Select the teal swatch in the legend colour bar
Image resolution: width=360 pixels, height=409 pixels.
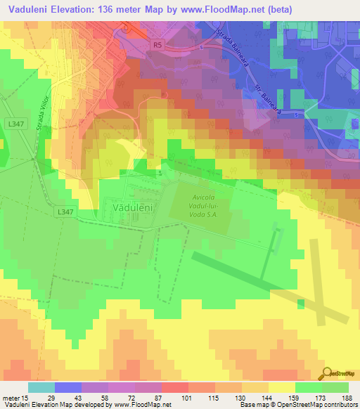[x=41, y=387]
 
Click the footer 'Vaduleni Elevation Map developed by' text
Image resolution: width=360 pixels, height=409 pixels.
[x=56, y=405]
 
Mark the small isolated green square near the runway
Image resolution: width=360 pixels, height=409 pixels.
[x=301, y=303]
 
